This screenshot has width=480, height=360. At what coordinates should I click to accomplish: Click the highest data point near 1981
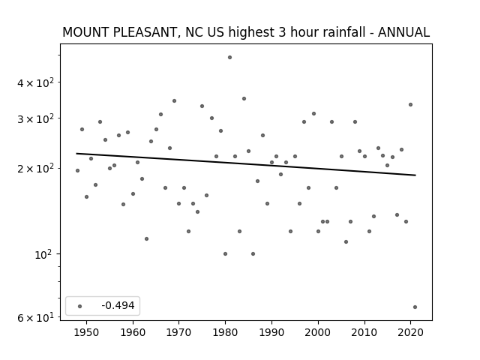(x=230, y=58)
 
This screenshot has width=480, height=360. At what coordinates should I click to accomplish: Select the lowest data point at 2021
(x=415, y=307)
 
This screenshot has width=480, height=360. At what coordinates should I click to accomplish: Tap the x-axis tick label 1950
(x=87, y=333)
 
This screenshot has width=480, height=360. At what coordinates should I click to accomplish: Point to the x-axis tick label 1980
(x=225, y=333)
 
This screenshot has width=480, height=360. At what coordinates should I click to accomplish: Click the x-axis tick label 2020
(x=410, y=333)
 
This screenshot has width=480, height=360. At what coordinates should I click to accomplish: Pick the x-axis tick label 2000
(x=318, y=333)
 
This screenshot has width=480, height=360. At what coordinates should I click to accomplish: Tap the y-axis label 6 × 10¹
(x=35, y=318)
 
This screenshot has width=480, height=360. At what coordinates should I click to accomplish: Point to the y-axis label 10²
(x=44, y=254)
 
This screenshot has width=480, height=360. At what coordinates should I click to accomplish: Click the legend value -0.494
(x=118, y=305)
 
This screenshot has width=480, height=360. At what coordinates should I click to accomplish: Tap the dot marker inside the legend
(x=80, y=306)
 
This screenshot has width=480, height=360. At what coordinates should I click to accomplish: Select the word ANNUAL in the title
(x=403, y=32)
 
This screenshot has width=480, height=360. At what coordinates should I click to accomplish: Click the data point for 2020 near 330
(x=410, y=105)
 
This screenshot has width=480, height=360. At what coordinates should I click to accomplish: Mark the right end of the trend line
(x=415, y=175)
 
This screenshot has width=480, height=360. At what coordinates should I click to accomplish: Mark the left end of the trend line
(x=76, y=153)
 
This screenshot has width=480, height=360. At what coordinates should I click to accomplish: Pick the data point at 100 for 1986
(x=253, y=253)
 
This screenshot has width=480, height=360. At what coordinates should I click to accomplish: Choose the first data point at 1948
(x=77, y=170)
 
